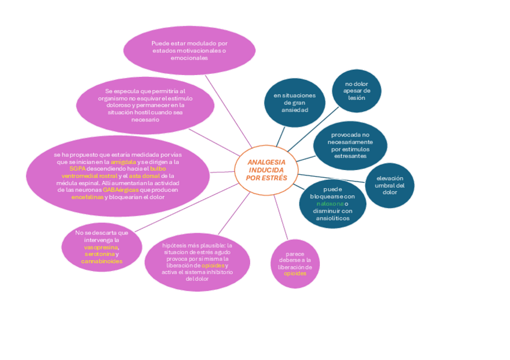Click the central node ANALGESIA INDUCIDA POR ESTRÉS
266,170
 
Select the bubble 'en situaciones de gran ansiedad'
294,103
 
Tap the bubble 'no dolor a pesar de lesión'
357,91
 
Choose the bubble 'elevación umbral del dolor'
390,185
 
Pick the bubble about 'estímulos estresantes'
350,145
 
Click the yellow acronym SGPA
78,169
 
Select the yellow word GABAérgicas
120,190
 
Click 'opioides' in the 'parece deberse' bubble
295,273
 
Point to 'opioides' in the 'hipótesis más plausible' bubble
213,265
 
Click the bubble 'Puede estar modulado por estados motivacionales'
189,50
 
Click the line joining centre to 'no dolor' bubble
313,128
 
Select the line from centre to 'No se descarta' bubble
186,208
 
